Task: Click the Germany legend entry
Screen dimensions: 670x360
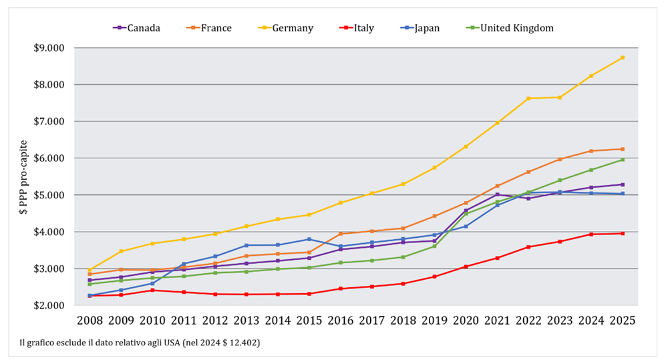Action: pos(285,28)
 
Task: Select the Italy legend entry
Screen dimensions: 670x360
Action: pos(356,28)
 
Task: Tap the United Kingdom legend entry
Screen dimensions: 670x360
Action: pos(509,28)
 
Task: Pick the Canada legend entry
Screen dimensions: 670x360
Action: pos(136,28)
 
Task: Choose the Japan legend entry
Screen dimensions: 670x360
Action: pos(420,28)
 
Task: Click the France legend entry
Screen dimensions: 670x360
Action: pos(209,28)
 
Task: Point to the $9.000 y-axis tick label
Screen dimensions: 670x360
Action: pos(49,48)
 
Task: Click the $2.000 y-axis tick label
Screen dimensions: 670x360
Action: pos(49,305)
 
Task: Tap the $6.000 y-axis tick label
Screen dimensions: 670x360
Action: pos(49,158)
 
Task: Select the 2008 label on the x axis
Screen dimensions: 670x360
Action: pos(90,321)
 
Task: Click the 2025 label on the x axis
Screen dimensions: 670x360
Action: pos(623,321)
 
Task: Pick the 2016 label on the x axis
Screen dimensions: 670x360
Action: pos(341,321)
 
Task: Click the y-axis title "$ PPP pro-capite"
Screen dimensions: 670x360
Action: pos(23,177)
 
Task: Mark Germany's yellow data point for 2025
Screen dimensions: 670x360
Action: pos(623,57)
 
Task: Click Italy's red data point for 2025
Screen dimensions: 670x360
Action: pos(623,234)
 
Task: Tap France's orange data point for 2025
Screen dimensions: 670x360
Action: pos(623,149)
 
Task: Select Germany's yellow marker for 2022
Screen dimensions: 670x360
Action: pos(528,98)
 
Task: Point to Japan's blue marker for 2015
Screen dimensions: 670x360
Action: pos(309,239)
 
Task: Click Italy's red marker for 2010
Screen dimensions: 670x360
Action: pos(152,291)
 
